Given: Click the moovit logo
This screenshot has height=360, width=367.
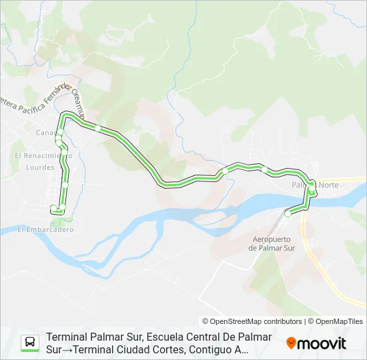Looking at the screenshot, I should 316,343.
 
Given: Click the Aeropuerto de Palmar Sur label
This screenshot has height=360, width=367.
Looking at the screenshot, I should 271,243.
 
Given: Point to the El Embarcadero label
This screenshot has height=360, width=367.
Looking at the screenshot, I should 45,229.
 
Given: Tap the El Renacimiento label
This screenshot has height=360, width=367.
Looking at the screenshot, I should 43,155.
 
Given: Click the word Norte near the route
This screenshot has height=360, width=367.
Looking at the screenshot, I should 329,185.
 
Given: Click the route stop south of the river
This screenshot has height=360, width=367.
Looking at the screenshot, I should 288,213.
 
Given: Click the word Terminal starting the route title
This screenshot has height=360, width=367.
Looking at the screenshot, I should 69,337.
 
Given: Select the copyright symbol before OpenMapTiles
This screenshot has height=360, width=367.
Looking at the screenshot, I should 310,321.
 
